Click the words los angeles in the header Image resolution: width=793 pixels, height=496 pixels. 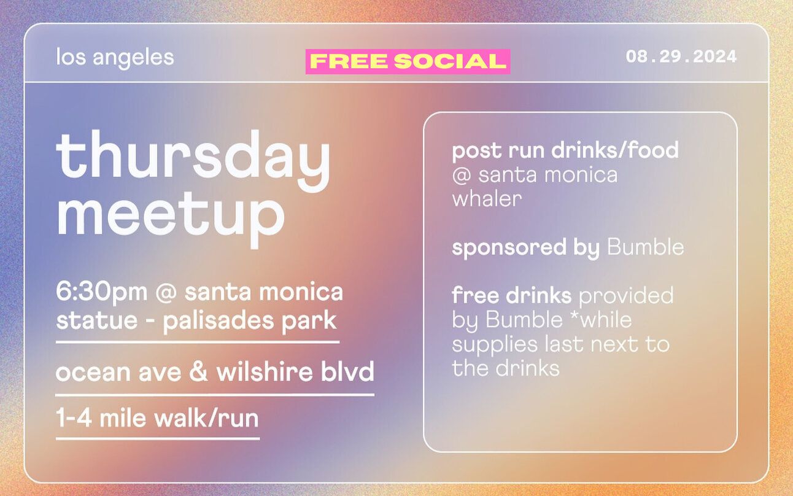115,57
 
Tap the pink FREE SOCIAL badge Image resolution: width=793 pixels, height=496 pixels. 408,61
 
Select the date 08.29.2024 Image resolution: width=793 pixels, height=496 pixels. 681,56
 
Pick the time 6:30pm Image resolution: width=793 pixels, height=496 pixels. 102,292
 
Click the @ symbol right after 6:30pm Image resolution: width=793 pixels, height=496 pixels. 166,293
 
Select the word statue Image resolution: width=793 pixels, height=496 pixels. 96,320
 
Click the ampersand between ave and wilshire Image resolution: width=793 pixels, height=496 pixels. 198,371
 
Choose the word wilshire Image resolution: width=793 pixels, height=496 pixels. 265,371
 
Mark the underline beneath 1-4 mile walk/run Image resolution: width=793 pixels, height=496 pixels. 158,439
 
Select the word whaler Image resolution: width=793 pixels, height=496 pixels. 487,199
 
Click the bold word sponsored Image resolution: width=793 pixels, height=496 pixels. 509,248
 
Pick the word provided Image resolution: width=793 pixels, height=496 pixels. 626,296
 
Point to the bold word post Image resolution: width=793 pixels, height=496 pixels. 477,151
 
